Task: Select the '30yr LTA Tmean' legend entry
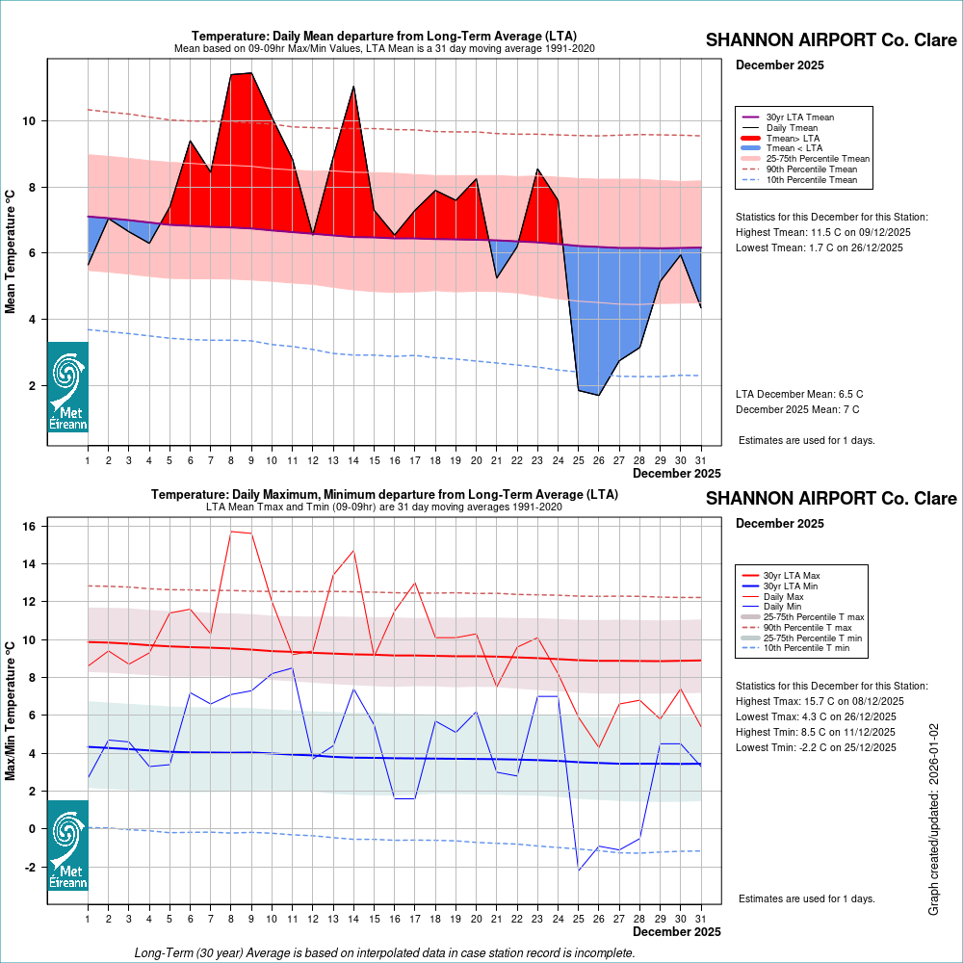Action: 799,117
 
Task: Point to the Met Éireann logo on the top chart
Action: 67,387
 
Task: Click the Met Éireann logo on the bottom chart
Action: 67,845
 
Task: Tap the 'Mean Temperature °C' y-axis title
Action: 12,250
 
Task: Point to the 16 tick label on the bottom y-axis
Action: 29,527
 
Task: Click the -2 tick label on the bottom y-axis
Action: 29,867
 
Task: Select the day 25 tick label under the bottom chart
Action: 579,919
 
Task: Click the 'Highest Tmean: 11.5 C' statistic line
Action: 822,232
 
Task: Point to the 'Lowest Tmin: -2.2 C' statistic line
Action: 816,747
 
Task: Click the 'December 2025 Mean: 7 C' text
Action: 799,409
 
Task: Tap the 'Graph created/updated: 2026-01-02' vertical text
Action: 933,820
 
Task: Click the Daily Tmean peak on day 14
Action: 353,87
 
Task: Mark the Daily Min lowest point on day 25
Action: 579,871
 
